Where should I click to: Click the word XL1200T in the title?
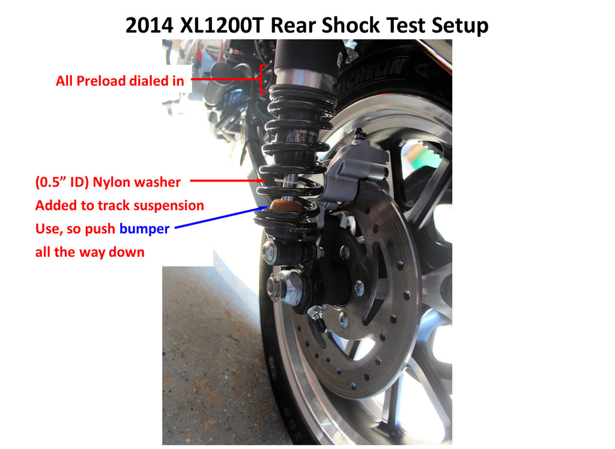coord(222,25)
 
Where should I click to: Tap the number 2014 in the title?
coord(149,25)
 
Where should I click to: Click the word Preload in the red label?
coord(101,81)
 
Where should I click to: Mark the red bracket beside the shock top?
coord(262,79)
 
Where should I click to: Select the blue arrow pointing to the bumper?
coord(222,216)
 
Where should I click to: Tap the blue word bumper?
coord(144,228)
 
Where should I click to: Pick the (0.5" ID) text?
coord(62,182)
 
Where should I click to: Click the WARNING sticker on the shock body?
coord(302,136)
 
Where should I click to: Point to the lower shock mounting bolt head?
coord(270,251)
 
